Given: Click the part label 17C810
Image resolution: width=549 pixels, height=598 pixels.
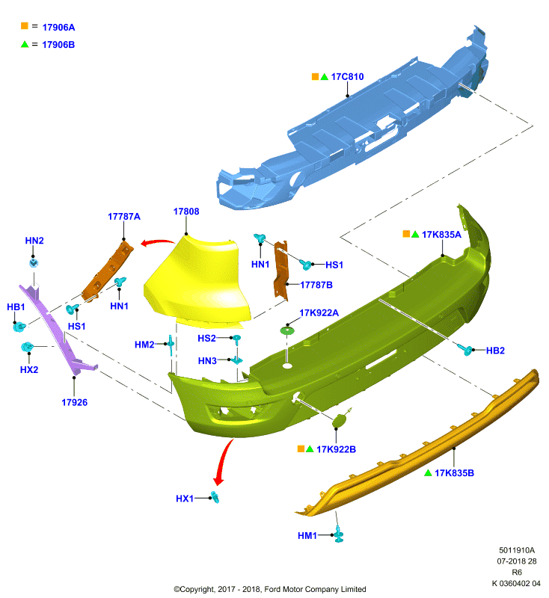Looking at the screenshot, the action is coord(347,77).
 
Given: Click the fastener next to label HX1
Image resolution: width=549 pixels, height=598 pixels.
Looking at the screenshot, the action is coord(215,497).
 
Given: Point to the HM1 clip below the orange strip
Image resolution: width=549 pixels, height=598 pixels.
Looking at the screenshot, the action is coord(338,534).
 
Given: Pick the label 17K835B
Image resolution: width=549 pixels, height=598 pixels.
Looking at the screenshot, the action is coord(455,473).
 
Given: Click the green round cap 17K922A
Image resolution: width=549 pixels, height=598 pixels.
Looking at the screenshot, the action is coord(287,330).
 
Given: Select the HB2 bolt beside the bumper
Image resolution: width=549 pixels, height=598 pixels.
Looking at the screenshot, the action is coord(465,349).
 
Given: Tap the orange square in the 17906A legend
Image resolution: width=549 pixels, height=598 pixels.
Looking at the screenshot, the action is coord(25,26).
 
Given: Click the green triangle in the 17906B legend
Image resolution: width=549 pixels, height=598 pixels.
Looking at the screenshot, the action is coord(25,44).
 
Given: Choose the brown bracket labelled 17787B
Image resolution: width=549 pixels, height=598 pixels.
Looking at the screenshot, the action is coord(281,269).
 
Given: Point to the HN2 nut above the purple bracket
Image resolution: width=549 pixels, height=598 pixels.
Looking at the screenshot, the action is coord(34,263).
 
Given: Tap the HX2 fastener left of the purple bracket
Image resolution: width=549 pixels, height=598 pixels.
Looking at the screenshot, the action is coord(27,347).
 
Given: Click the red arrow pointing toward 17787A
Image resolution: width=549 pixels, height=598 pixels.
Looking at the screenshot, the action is coord(157,241).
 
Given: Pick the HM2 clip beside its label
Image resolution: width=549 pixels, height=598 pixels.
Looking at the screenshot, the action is coord(171,345).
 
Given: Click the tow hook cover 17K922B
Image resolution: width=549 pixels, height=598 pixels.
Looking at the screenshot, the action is coord(338,422).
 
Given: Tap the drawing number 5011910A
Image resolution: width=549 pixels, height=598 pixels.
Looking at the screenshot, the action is coord(517,550).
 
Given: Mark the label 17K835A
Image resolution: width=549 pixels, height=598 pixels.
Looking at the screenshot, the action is coord(441,235).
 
